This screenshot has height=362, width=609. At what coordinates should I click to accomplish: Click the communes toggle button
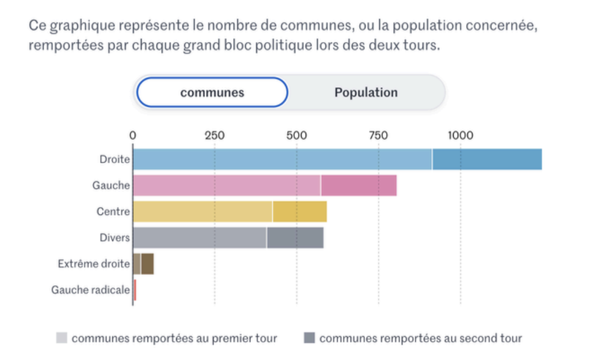[212, 92]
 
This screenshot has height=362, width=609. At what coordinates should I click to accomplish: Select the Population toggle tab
[366, 92]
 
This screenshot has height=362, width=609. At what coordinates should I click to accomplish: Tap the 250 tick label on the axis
[214, 135]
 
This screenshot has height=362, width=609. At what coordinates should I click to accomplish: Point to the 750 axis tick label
[378, 135]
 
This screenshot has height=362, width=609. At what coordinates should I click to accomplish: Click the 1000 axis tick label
[460, 135]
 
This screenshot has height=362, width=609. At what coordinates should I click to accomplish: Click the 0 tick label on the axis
[133, 135]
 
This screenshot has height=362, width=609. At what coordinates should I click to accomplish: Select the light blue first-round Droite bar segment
[282, 159]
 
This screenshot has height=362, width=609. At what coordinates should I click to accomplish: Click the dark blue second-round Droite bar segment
[487, 159]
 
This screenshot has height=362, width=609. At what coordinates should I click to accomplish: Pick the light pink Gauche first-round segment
[227, 186]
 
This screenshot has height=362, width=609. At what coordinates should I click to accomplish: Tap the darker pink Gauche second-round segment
[359, 186]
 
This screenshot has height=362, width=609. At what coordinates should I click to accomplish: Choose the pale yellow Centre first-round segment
[203, 212]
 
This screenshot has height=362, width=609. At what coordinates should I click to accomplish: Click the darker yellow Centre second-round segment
[299, 212]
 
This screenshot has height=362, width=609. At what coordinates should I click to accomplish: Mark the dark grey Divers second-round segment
[295, 237]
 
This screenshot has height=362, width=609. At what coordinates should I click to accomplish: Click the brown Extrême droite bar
[144, 263]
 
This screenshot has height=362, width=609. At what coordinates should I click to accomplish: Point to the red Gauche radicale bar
[135, 290]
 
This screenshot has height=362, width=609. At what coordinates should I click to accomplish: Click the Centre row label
[113, 212]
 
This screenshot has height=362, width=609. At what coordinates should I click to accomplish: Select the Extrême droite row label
[94, 264]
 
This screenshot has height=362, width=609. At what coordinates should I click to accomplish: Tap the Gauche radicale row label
[90, 290]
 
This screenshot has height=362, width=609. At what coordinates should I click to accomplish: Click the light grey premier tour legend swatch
[62, 338]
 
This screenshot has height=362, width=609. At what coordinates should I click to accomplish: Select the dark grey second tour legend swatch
[310, 338]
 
